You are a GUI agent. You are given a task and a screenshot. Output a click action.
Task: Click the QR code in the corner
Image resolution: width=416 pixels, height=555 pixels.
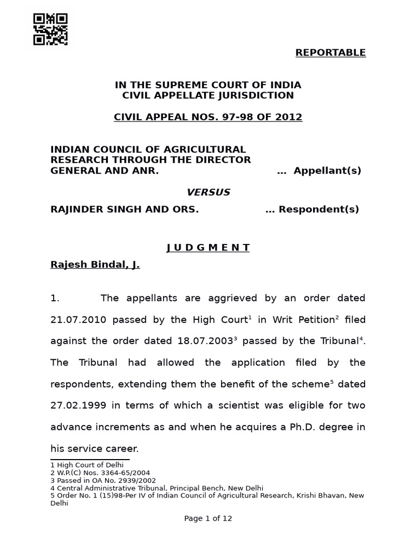click(50, 29)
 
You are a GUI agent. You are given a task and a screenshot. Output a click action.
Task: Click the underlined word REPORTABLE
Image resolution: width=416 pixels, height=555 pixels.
click(330, 53)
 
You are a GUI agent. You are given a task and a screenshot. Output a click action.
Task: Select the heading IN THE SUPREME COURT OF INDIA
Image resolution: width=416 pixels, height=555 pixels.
click(208, 85)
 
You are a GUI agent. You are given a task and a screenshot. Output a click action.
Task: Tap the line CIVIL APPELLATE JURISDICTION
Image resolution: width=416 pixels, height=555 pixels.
click(208, 95)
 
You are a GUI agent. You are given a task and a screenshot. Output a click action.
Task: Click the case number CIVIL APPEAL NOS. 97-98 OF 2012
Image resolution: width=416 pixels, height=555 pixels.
click(208, 117)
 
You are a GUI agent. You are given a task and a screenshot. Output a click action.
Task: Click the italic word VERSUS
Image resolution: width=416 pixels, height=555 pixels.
click(208, 192)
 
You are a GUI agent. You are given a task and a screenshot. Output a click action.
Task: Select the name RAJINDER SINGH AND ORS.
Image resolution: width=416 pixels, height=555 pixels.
click(125, 209)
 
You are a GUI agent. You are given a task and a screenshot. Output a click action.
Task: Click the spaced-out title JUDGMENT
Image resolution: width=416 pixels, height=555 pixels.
click(208, 248)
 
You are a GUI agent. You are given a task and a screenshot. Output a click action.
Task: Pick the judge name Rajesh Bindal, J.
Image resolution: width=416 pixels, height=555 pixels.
click(95, 265)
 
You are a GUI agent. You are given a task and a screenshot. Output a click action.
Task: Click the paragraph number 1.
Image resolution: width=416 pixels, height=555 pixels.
click(54, 298)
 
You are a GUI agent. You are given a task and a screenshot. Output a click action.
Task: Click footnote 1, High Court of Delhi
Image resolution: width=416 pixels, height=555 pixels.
click(79, 464)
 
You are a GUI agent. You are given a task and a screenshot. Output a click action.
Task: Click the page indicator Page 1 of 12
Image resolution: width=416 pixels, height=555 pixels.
click(208, 518)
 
